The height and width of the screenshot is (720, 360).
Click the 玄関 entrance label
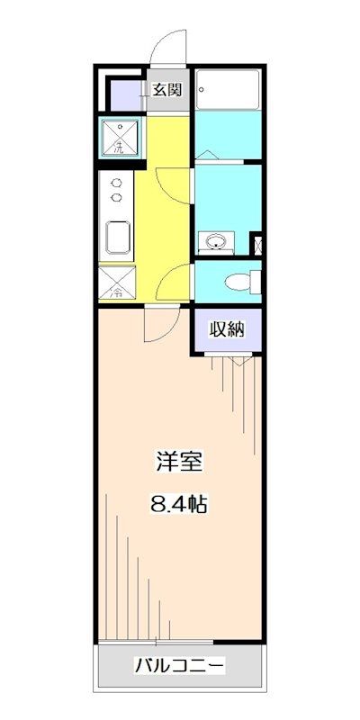coord(166,89)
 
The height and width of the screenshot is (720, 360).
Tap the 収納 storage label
coord(228,328)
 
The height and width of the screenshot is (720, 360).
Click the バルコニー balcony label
coord(179,667)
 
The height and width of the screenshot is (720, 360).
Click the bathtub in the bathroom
coord(228,90)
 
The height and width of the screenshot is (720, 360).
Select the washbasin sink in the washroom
coord(215,241)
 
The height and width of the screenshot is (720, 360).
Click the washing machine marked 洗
coord(120,138)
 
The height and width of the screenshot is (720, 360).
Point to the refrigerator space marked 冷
coord(118,283)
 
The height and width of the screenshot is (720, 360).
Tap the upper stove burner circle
coord(116,183)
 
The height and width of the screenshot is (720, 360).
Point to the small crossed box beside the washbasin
coord(256,243)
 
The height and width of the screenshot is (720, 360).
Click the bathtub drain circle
coord(203,88)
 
